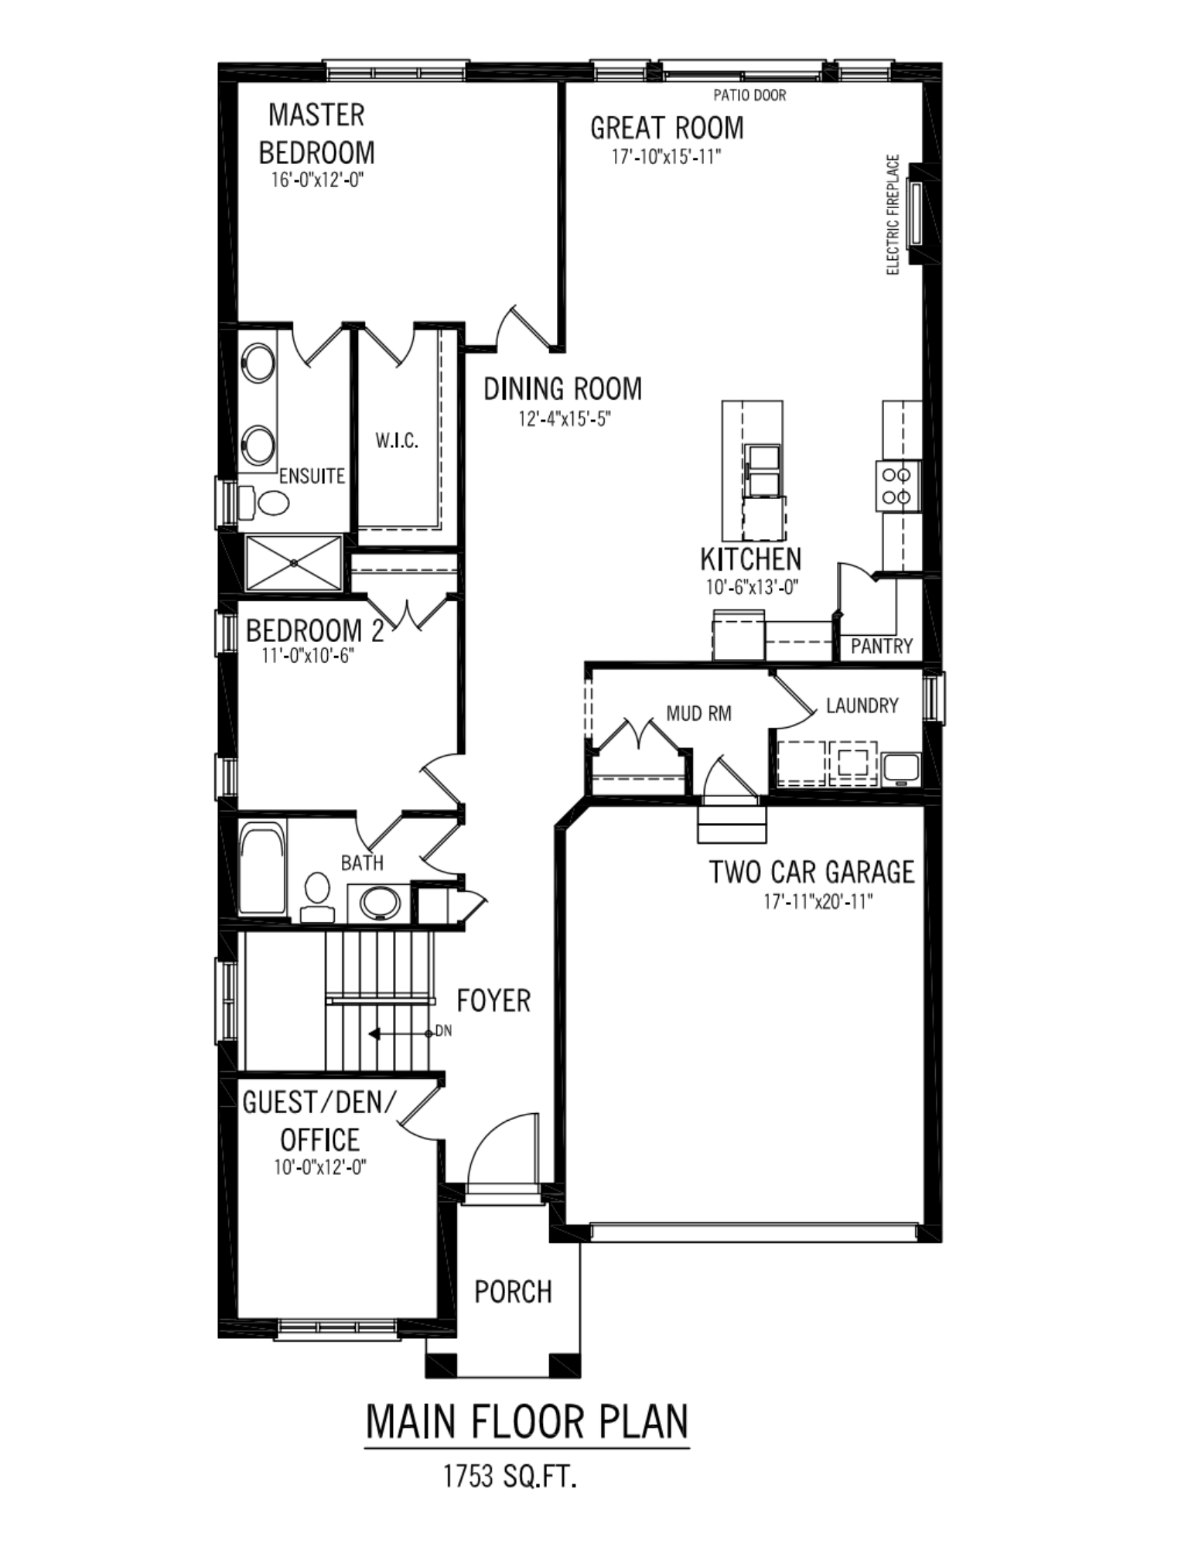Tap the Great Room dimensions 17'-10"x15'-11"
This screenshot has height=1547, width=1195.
[x=666, y=157]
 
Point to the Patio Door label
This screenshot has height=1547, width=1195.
[x=749, y=95]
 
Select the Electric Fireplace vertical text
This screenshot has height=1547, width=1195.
[x=893, y=215]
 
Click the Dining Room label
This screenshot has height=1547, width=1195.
[x=562, y=388]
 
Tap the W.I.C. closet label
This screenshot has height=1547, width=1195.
[x=397, y=441]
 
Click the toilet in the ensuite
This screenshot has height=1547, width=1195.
[x=264, y=503]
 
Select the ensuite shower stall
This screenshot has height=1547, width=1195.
[x=293, y=562]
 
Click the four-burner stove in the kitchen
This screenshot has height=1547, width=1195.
[x=897, y=485]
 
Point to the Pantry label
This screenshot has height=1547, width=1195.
[x=881, y=646]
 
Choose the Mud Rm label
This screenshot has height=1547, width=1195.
[x=698, y=713]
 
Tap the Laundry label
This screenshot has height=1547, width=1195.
[x=862, y=705]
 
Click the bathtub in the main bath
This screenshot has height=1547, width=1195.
[x=262, y=869]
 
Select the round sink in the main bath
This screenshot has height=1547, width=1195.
[x=381, y=902]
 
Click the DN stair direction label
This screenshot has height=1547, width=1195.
[x=443, y=1031]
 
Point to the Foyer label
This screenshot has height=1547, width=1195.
[x=493, y=1001]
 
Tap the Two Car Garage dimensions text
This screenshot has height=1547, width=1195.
[x=818, y=901]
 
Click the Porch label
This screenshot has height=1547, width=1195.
[x=513, y=1292]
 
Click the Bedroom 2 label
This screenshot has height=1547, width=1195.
[x=315, y=630]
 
